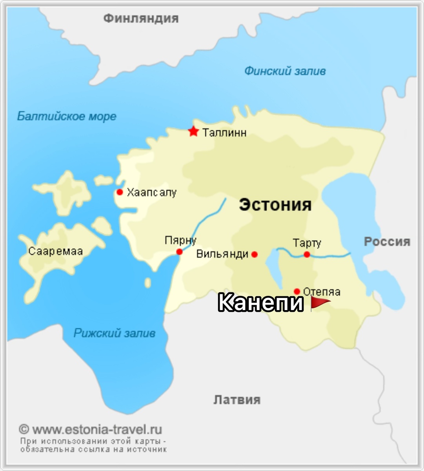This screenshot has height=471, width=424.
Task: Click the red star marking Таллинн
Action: (x=193, y=131)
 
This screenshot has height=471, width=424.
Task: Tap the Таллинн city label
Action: (x=224, y=133)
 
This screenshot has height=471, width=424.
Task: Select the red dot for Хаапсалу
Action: (x=120, y=192)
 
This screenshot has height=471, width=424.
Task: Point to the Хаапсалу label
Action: (x=152, y=193)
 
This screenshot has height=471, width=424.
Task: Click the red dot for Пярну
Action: (x=179, y=252)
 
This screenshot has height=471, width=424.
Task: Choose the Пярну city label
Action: (x=180, y=240)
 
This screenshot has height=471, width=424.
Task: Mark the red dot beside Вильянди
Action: (x=254, y=254)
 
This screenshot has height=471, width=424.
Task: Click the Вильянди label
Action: (x=222, y=254)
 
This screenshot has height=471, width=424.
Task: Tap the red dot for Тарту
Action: (x=307, y=254)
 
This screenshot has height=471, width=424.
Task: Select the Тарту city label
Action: (x=307, y=243)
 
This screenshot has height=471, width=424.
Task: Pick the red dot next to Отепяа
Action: (x=297, y=291)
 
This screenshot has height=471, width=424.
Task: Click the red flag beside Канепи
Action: (x=320, y=303)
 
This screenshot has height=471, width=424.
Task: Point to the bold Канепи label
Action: (x=261, y=303)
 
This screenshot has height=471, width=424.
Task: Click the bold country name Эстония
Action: (x=275, y=205)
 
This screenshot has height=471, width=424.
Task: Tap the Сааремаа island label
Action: (x=55, y=251)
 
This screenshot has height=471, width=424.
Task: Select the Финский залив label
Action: (x=285, y=71)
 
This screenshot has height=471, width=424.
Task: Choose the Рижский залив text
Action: (x=115, y=334)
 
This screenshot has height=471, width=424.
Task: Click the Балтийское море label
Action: (x=67, y=117)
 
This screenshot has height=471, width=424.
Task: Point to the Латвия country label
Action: (x=237, y=400)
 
